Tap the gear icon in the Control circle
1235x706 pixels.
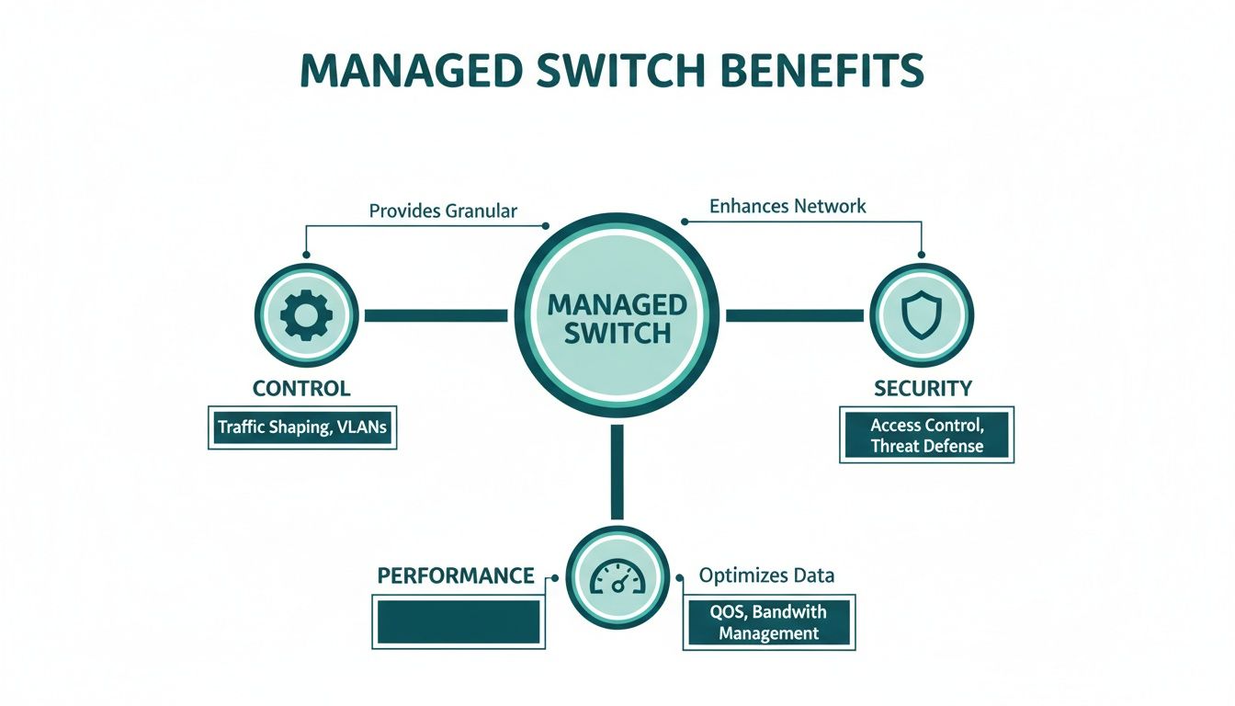point(305,315)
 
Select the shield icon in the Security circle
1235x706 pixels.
point(920,315)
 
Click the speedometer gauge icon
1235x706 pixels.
point(617,577)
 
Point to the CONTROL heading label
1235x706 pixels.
point(301,388)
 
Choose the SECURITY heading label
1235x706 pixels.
point(923,388)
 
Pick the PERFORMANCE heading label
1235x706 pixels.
point(456,575)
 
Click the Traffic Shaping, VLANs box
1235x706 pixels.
point(302,427)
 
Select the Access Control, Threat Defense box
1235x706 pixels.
point(926,436)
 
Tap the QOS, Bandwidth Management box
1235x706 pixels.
point(768,622)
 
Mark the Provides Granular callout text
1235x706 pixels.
point(443,211)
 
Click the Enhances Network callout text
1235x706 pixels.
point(787,206)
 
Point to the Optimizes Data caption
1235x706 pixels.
point(766,575)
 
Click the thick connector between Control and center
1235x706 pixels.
point(436,315)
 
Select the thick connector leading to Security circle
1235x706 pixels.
point(794,315)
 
